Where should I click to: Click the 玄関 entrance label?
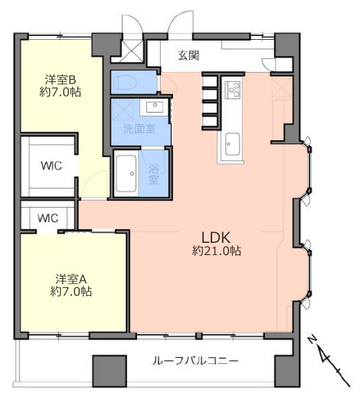click(188, 55)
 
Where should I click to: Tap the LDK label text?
click(216, 238)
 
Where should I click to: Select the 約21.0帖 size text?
click(217, 251)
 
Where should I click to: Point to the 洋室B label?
click(61, 80)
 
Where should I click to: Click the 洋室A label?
click(71, 279)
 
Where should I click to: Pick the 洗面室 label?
click(139, 129)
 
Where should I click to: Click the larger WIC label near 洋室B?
click(51, 166)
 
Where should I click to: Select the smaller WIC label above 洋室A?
click(48, 218)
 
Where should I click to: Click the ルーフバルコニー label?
click(195, 361)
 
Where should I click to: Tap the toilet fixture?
click(126, 83)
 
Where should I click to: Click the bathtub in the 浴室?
click(126, 173)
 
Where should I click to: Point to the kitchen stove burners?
click(234, 89)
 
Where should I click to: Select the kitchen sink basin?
click(232, 144)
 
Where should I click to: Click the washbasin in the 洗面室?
click(155, 107)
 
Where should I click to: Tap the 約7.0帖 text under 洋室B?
click(61, 92)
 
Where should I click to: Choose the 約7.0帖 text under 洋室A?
click(71, 291)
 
